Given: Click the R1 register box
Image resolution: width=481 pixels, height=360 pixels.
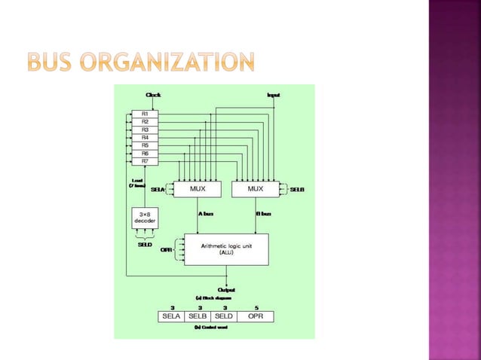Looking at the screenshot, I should (145, 113).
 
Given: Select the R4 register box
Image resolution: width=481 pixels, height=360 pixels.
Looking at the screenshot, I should (145, 137).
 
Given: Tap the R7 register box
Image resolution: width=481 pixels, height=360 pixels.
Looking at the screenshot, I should (145, 161).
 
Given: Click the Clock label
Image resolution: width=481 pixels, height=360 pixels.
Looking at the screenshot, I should (153, 95).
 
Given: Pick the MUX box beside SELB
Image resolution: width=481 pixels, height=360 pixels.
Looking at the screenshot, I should (257, 190).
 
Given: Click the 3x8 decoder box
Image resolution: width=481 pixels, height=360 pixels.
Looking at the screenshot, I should (145, 218).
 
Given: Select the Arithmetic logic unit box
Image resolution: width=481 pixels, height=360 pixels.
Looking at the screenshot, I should (226, 249).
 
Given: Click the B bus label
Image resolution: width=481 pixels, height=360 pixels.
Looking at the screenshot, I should (263, 213).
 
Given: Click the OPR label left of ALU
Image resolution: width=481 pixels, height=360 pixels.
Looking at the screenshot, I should (167, 249).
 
